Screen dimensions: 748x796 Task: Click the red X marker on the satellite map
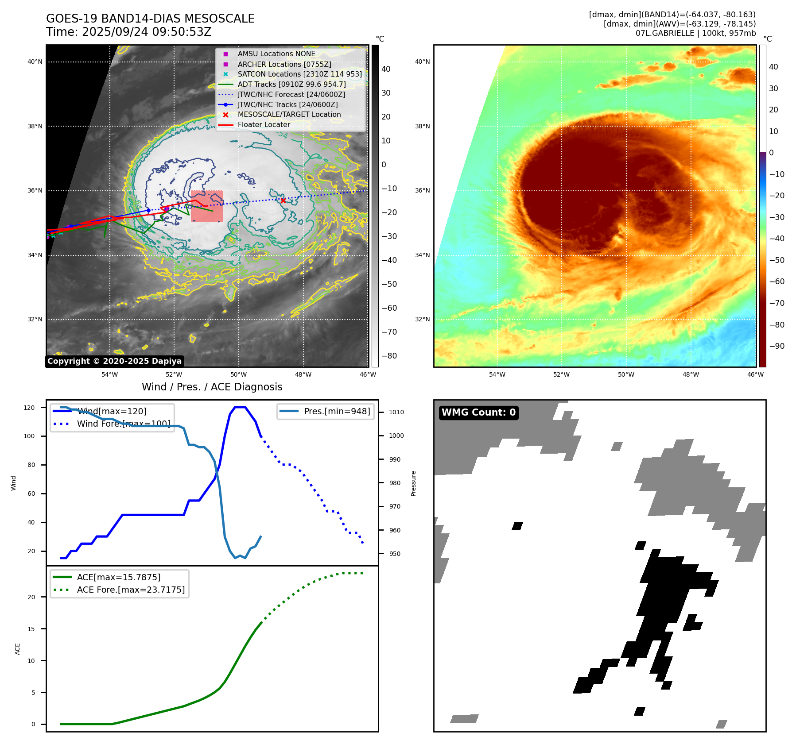coord(283,200)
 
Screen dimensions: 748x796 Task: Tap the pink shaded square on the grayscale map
coord(207,206)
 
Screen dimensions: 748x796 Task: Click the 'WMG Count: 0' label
coord(478,413)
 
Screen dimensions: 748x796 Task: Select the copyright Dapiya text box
coord(114,361)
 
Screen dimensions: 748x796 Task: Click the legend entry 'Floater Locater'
coord(264,125)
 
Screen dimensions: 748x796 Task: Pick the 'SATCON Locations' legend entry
coord(299,74)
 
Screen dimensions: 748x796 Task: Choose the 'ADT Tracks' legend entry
coord(291,84)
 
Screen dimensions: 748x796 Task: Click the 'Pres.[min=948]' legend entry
coord(337,411)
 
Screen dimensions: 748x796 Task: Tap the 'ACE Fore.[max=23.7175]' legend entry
coord(131,590)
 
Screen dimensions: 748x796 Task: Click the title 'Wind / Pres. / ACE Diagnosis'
coord(212,387)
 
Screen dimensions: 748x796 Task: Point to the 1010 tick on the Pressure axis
coord(396,412)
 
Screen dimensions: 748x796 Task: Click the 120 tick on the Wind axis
coord(29,408)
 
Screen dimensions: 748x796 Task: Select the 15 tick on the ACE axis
coord(31,629)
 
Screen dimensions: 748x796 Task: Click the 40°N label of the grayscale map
coord(35,62)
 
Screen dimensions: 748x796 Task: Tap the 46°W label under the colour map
coord(755,374)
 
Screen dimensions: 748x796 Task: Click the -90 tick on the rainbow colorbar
coord(777,346)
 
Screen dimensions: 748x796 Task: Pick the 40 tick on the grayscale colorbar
coord(386,69)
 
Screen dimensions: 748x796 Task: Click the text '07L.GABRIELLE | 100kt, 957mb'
coord(695,33)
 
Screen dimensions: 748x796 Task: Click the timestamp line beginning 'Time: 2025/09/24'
coord(129,32)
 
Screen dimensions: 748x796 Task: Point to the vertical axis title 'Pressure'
coord(413,483)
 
